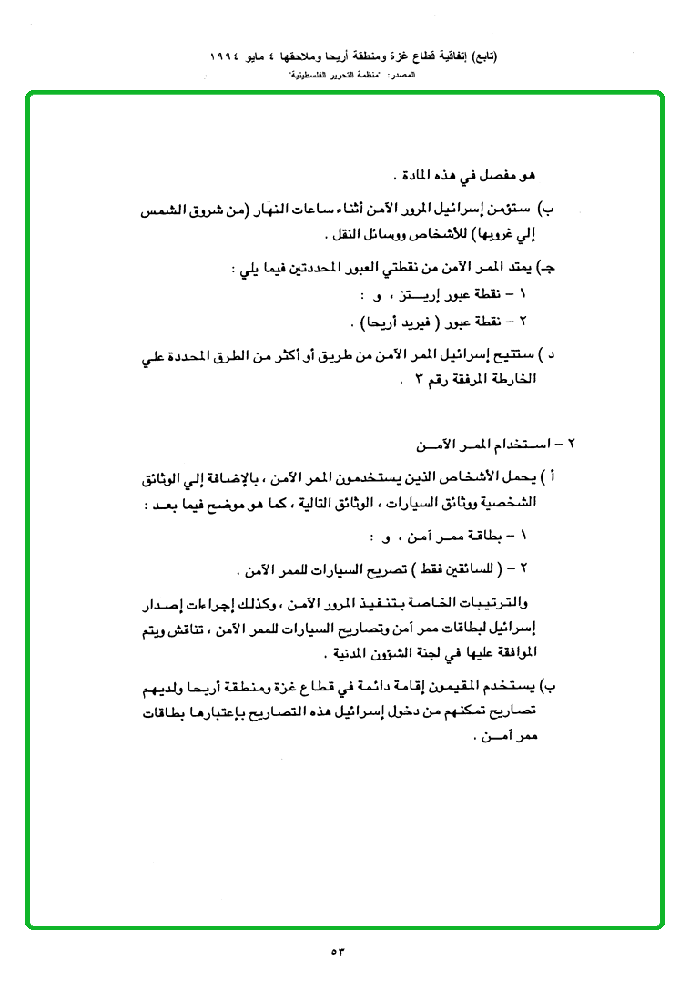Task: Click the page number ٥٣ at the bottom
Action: (339, 952)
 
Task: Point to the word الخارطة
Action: (513, 379)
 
